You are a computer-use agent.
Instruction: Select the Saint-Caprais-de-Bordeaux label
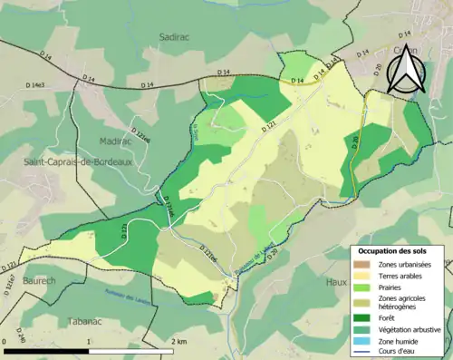[x=69, y=161]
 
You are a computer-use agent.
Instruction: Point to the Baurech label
[x=39, y=281]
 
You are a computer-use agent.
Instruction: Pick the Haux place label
[x=337, y=282]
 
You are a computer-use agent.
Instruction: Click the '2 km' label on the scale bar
[x=178, y=342]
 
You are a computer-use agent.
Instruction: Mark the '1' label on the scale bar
[x=89, y=342]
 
